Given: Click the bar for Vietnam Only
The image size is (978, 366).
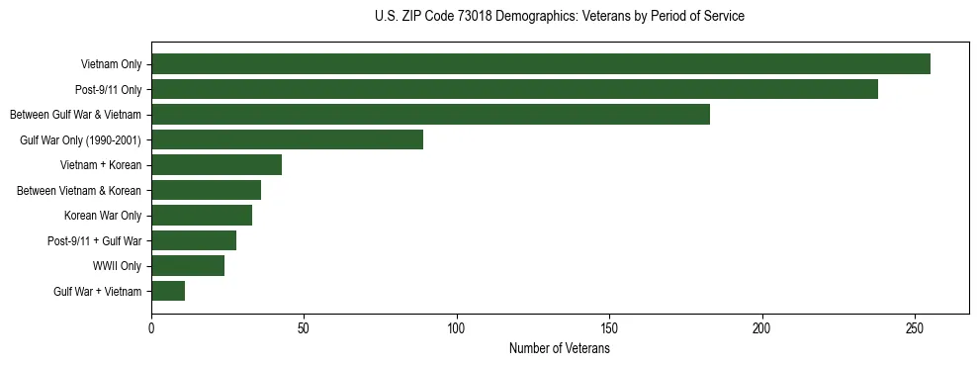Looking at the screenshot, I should point(541,64).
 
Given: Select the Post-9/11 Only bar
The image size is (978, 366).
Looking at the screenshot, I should point(514,89).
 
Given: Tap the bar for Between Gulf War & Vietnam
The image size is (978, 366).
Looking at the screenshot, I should point(430,115).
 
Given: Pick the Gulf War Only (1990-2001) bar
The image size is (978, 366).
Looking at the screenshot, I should point(287,139).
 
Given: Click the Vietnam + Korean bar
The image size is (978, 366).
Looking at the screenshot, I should point(217,165).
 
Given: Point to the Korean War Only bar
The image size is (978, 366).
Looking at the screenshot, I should point(202,215).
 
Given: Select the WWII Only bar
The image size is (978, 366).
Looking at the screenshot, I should point(188,265).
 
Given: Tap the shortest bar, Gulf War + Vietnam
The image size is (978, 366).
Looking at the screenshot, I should point(168,291).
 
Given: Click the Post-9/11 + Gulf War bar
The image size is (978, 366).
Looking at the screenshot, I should point(194,240).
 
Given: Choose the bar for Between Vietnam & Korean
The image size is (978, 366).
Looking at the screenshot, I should point(206,190).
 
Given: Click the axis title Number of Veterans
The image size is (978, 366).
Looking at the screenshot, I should point(559,348).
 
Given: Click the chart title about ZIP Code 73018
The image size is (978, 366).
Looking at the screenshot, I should point(560,17).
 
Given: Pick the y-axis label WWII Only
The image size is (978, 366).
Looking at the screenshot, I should point(117,266).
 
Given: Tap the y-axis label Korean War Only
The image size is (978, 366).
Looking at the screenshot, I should point(103,216).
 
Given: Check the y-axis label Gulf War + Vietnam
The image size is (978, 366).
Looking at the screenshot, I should point(97,291).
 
